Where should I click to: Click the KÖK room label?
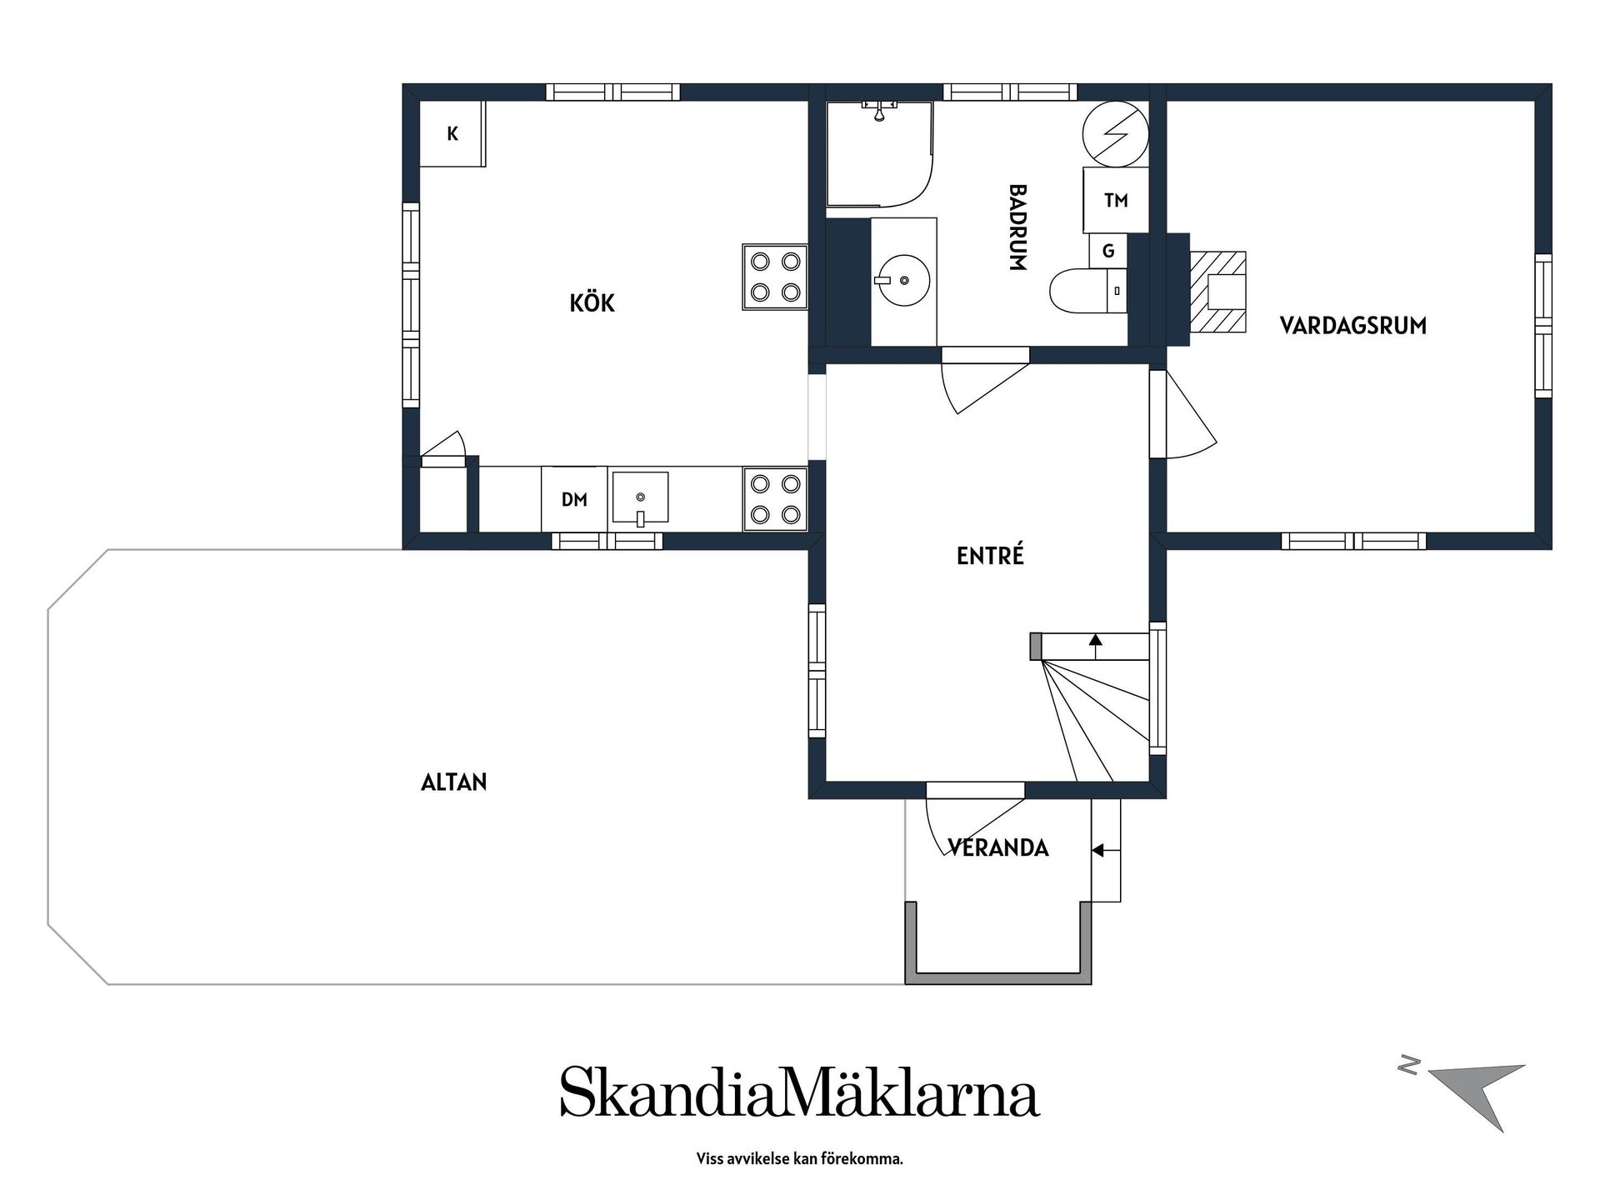(592, 302)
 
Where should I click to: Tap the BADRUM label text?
(1017, 227)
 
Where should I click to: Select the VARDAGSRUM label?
(1352, 325)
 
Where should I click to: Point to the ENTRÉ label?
(990, 555)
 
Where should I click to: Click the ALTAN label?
(454, 782)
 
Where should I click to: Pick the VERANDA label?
(998, 847)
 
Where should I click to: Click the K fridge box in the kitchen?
(452, 133)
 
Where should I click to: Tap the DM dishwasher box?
(574, 499)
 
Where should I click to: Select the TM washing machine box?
(1115, 200)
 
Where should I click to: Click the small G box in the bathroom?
(1108, 251)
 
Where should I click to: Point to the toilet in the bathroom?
(1088, 291)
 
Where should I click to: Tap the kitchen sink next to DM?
(640, 498)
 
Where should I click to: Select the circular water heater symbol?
(1115, 133)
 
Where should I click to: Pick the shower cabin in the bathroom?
(879, 153)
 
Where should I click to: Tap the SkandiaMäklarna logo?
(800, 1091)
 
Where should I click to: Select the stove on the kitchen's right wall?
(775, 277)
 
